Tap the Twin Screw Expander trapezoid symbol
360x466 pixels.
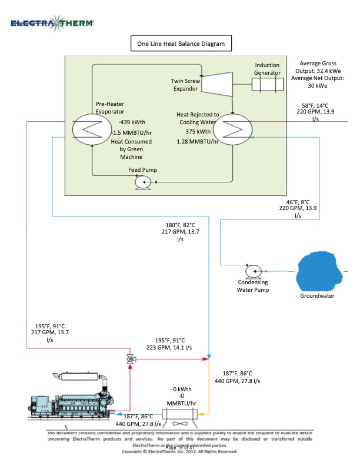tap(218, 79)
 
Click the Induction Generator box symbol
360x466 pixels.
tap(267, 84)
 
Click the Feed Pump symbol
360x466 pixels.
tap(142, 183)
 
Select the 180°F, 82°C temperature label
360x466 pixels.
tap(179, 225)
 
